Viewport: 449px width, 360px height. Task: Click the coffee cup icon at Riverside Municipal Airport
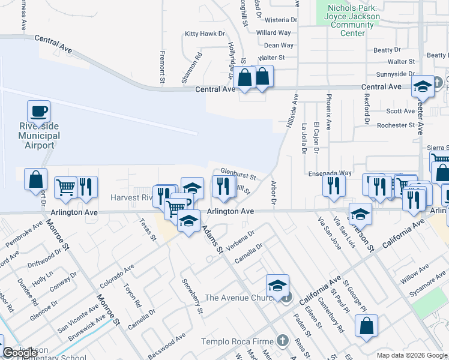tap(38, 112)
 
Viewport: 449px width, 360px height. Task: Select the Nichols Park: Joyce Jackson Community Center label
tap(354, 21)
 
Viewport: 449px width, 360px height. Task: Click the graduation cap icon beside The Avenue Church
tap(277, 286)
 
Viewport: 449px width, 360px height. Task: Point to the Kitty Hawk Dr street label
tap(204, 34)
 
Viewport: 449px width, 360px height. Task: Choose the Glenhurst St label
tap(238, 174)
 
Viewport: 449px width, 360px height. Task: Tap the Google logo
tap(12, 353)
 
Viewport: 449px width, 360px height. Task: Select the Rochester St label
tap(396, 125)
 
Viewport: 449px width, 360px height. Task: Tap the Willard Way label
tap(273, 32)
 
